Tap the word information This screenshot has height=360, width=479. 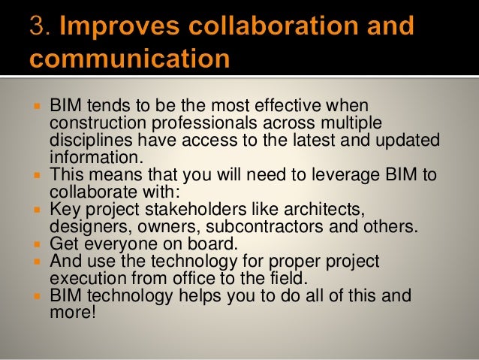pos(94,158)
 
